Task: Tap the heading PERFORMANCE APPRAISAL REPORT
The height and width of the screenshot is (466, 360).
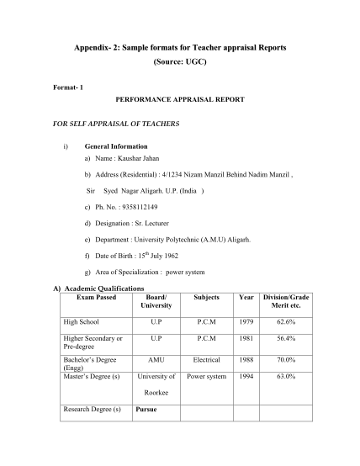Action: [179, 99]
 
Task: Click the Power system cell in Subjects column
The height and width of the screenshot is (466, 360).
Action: [206, 376]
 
